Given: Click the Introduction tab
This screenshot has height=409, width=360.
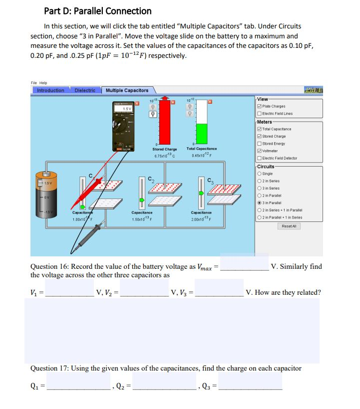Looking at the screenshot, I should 50,90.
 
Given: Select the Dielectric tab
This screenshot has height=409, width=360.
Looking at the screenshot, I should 85,90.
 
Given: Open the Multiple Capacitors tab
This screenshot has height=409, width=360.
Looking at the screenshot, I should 127,90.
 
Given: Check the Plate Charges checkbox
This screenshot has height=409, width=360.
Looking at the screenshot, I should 258,106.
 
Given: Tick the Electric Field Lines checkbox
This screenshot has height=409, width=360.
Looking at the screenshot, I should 258,113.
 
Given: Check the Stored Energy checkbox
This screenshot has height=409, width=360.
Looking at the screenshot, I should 258,143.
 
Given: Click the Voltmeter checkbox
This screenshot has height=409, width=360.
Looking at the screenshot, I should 258,151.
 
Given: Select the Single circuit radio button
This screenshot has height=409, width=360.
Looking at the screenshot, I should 258,174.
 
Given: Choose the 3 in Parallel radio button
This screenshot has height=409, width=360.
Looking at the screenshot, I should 258,203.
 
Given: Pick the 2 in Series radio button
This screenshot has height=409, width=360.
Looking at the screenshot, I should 258,181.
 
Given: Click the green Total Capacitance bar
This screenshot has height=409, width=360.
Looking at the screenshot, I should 201,134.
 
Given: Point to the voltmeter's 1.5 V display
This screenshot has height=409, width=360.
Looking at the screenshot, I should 127,108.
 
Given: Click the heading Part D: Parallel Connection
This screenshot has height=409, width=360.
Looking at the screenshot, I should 98,11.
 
